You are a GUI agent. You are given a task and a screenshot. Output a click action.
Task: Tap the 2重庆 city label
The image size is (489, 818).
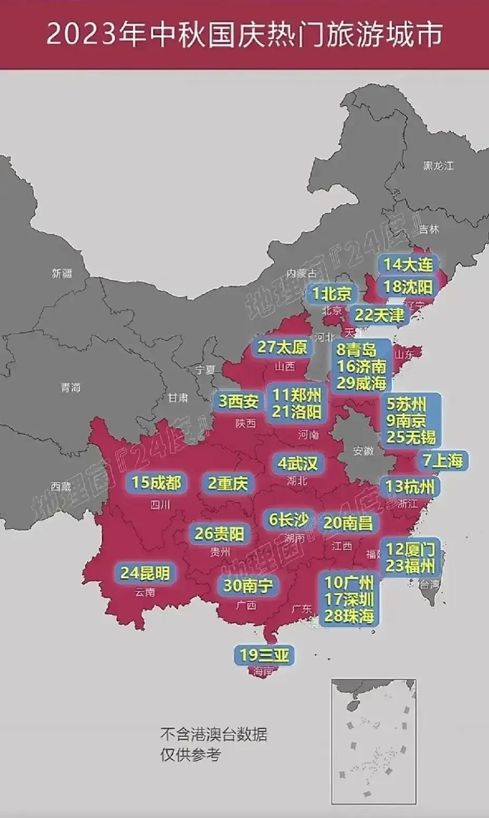point(228,484)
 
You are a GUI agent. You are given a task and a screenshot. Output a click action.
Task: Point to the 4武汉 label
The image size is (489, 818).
point(298,464)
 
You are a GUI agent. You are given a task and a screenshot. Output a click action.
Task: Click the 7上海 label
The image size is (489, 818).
point(443,461)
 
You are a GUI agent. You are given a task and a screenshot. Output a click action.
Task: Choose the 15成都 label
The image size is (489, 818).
point(156,482)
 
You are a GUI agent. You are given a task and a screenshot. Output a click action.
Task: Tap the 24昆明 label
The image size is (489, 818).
point(145,573)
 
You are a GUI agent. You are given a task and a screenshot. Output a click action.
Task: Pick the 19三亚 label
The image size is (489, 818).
point(265,655)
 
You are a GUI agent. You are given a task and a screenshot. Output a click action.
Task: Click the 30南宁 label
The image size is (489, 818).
point(248,585)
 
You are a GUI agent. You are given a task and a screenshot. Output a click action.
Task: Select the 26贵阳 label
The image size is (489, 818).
point(219,534)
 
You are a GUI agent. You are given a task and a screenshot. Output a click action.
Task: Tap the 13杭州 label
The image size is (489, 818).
point(410,486)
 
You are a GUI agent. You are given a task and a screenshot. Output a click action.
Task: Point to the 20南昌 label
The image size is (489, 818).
point(348,523)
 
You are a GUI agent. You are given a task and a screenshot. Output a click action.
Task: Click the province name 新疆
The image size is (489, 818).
point(62,273)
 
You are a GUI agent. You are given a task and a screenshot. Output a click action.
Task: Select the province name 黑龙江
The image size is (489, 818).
point(438,166)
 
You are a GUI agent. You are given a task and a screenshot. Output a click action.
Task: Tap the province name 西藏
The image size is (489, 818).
point(61,487)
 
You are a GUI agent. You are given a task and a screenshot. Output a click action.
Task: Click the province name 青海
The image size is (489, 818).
point(71,388)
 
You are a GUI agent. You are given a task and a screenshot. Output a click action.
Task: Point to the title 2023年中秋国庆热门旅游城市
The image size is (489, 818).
point(244,35)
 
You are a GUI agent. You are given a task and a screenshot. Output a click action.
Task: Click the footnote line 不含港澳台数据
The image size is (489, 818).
point(213,734)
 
